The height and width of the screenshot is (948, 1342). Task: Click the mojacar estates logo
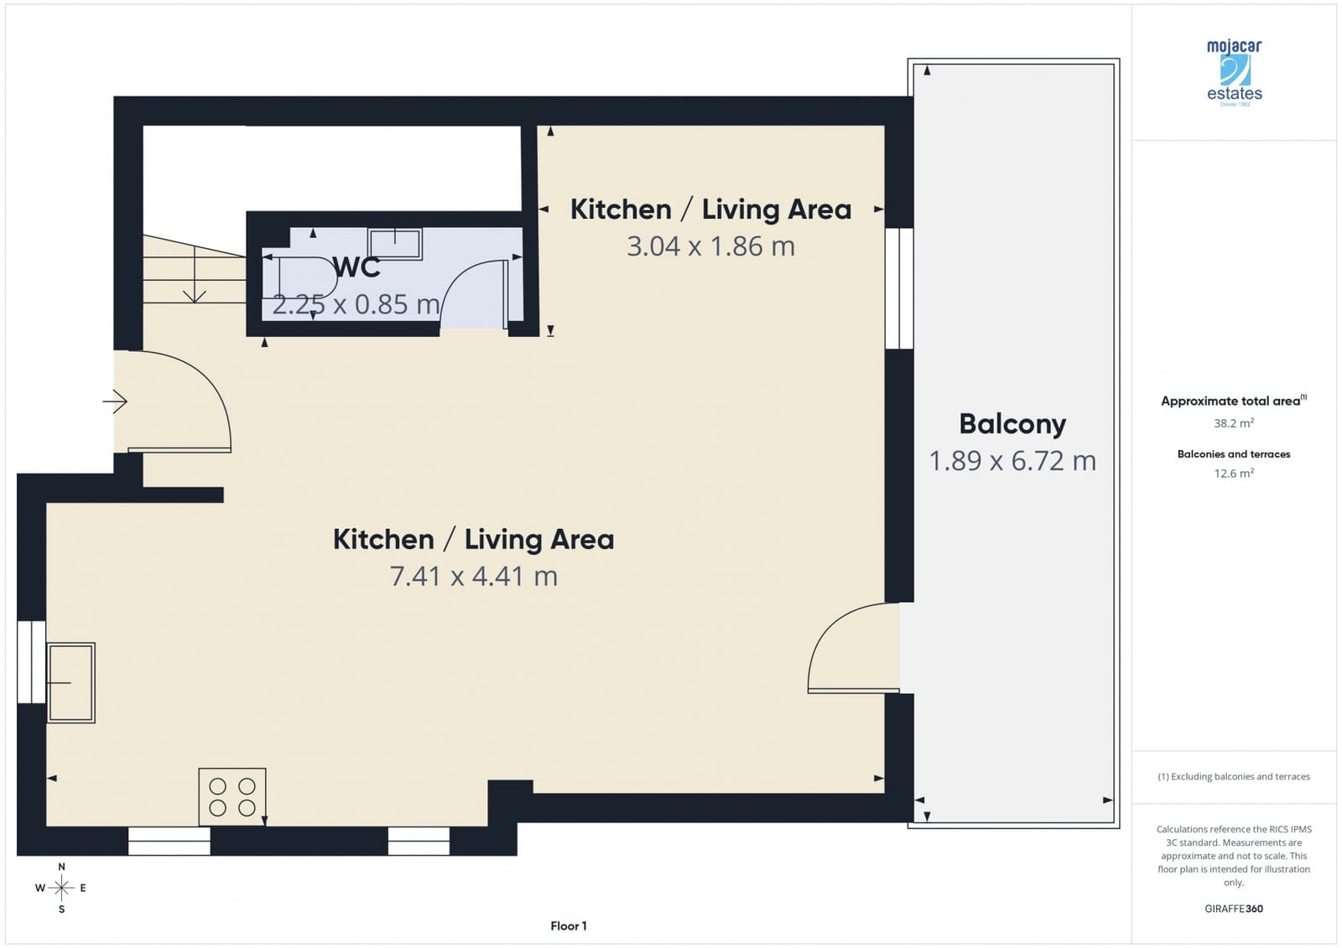coord(1234,71)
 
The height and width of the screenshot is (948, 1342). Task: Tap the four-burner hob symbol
coord(232,796)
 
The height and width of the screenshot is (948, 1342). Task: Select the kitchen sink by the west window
coord(71,682)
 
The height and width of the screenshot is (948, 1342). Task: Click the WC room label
coord(356,267)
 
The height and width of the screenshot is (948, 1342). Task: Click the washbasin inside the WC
coord(395,243)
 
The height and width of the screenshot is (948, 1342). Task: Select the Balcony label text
coord(1012,423)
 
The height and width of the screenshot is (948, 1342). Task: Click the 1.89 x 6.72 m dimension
coord(1012,461)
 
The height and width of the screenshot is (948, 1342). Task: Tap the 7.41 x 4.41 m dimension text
coord(474,577)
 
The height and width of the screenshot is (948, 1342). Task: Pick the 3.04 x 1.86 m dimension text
coord(710,246)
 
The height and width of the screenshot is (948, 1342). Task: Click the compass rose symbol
coord(61,887)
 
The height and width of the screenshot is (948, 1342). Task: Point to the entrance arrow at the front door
coord(115,401)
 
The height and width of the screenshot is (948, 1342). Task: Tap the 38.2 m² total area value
coord(1233,423)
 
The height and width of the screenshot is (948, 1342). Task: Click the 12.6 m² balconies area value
coord(1233,474)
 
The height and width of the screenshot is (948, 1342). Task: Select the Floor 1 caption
coord(569,926)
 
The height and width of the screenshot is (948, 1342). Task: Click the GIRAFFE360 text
coord(1233,909)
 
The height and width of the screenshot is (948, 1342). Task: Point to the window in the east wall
coord(899,288)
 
